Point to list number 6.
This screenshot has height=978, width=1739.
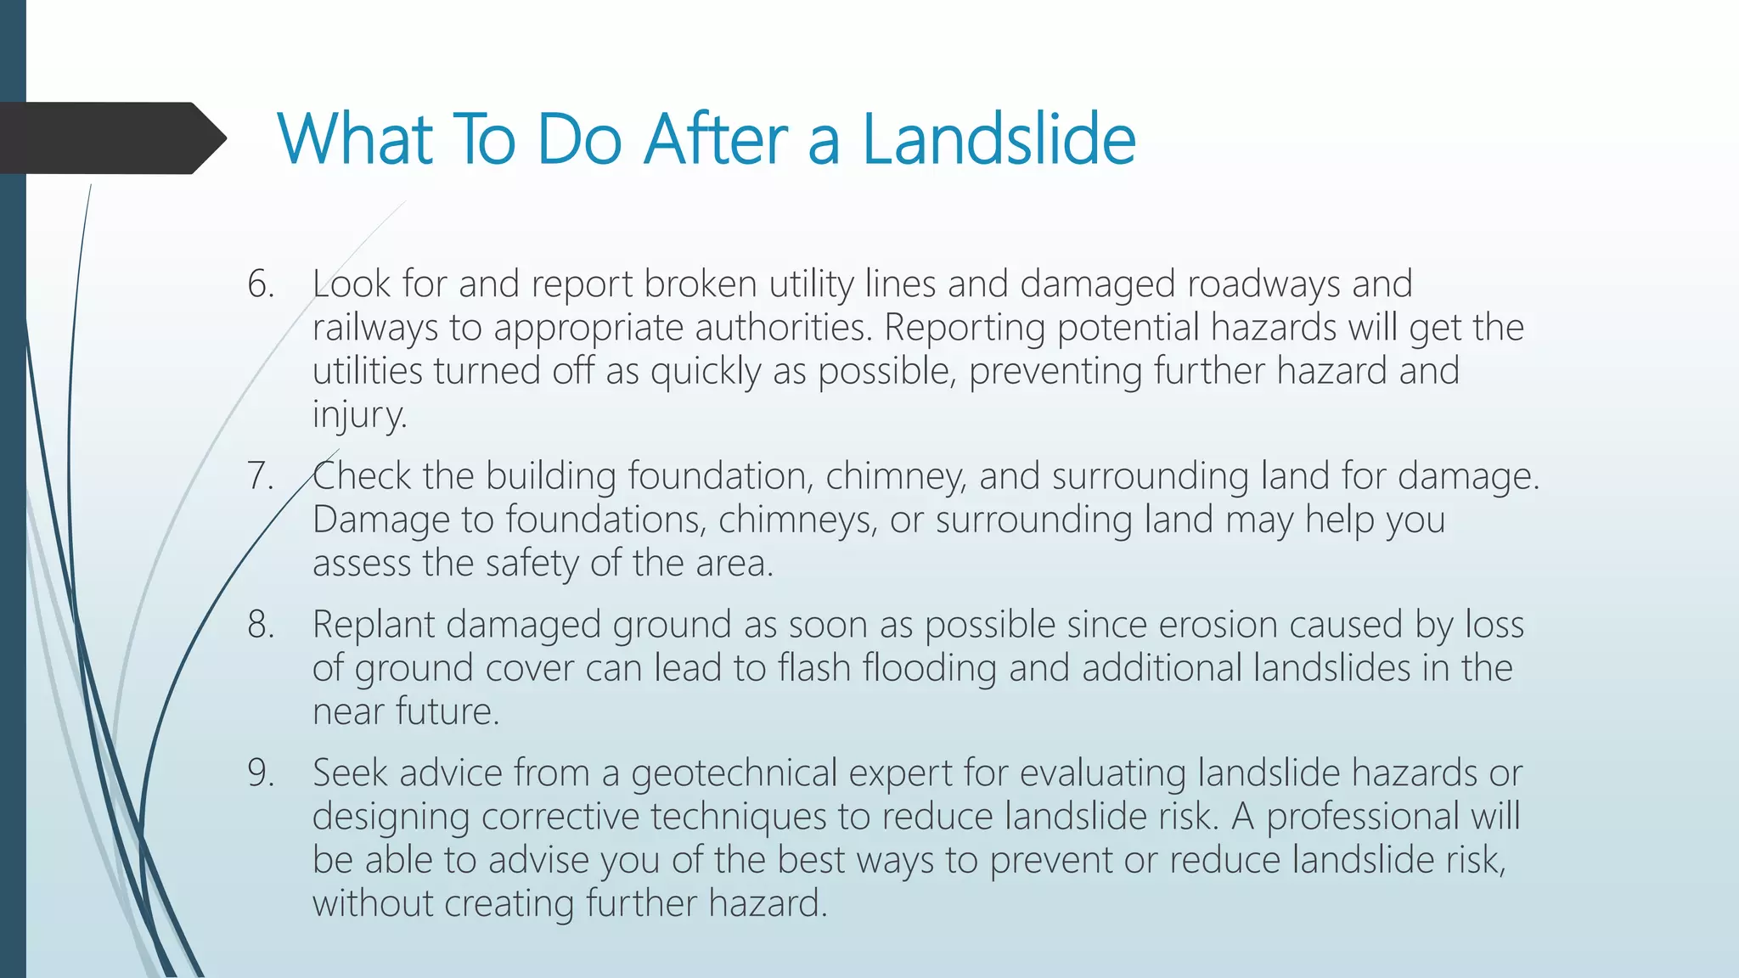click(x=260, y=284)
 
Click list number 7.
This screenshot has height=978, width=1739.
click(x=260, y=475)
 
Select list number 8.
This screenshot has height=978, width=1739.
click(x=260, y=624)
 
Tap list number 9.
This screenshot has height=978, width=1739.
click(x=260, y=773)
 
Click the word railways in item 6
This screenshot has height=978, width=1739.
click(x=374, y=329)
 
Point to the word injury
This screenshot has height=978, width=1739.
click(x=359, y=415)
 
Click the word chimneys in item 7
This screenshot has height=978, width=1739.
click(x=796, y=520)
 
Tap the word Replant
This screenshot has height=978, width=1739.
click(x=373, y=625)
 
